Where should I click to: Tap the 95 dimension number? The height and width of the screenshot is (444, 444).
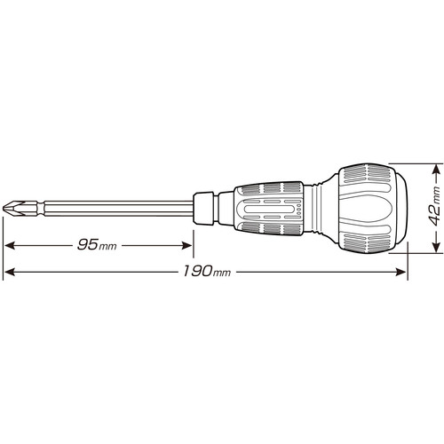88,244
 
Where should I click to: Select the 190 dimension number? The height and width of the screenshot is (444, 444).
197,271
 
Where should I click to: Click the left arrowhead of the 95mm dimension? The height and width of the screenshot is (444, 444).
10,245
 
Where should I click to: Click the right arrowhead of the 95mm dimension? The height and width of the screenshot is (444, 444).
186,245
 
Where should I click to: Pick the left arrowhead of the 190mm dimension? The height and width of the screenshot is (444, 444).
10,272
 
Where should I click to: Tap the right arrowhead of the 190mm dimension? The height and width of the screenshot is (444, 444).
400,272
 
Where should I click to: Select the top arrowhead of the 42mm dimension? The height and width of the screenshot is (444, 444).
435,170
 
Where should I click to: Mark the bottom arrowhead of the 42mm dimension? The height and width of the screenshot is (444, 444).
435,247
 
